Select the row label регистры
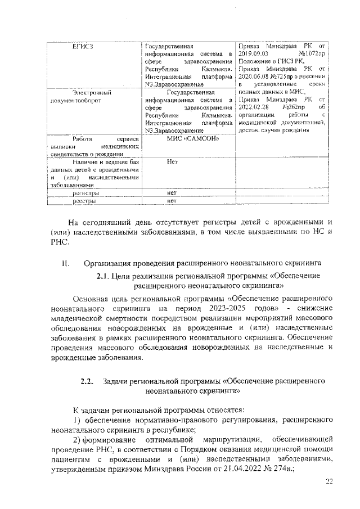point(85,192)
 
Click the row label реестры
point(84,200)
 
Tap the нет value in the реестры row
point(172,200)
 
